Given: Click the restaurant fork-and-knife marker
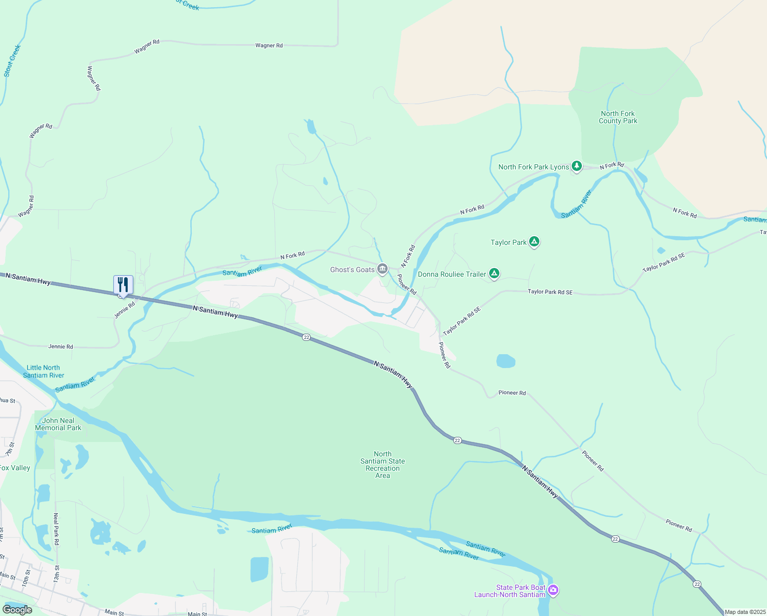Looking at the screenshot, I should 123,284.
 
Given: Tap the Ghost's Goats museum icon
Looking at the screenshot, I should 382,269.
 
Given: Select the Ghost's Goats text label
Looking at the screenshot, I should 352,269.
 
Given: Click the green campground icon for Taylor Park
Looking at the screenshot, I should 534,242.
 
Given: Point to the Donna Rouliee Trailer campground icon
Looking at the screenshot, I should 494,274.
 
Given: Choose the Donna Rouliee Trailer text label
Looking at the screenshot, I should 452,274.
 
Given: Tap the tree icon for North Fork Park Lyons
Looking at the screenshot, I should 577,166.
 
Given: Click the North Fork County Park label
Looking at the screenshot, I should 618,117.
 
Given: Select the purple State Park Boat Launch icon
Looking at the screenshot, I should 553,590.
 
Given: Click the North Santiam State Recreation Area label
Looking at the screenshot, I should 382,465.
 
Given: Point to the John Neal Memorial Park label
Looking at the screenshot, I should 58,424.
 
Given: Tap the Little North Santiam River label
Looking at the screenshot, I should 44,371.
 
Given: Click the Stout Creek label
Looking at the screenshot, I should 12,61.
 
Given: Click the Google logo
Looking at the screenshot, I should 17,609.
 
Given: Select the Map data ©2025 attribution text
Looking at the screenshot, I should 745,612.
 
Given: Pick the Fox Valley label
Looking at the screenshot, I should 15,468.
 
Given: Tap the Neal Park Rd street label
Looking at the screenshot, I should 56,529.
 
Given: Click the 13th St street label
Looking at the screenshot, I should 57,573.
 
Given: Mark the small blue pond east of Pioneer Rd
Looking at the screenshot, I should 506,361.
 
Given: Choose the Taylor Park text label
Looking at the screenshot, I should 508,242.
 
